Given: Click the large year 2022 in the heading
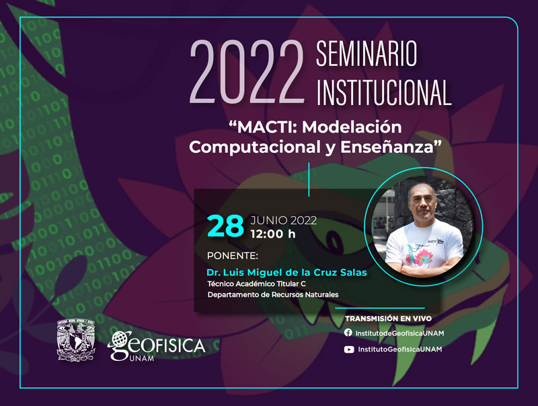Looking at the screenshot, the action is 247,72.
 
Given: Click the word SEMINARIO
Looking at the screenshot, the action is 367,54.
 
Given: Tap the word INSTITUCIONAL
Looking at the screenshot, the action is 383,92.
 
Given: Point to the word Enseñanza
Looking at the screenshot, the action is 387,147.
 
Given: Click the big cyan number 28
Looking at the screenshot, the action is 225,226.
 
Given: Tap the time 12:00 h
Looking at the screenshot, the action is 273,234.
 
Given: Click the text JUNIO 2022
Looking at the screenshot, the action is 283,220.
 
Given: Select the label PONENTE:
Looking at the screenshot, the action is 232,256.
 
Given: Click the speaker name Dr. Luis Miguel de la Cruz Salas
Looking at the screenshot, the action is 286,273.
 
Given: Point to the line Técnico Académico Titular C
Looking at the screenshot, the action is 256,283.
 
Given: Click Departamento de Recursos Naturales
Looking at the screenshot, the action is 273,294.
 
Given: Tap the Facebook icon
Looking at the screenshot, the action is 348,333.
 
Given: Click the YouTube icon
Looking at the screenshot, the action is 349,349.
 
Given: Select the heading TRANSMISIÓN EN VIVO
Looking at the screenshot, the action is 389,318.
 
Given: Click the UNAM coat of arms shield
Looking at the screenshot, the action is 76,340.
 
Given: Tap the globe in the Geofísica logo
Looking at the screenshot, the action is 120,340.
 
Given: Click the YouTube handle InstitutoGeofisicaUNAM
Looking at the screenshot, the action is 399,349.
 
